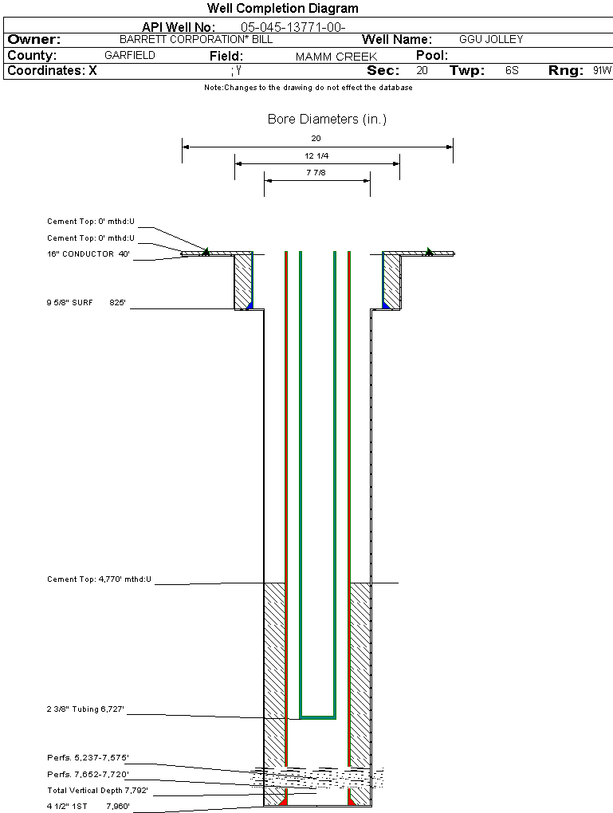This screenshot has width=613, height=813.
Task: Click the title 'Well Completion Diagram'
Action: [283, 8]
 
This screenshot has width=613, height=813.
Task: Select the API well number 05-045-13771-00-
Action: [293, 27]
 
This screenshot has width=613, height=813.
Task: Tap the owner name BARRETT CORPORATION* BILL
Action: [196, 39]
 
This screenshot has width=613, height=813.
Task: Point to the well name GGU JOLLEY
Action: [491, 39]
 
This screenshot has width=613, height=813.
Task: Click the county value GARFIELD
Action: [130, 56]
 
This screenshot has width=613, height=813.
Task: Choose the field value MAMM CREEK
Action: [336, 57]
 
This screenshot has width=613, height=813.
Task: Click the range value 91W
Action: [602, 70]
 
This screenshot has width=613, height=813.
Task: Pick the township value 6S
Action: [512, 70]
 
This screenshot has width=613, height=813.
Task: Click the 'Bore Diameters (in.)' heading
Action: [328, 120]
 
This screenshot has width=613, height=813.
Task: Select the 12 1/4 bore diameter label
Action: [316, 155]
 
